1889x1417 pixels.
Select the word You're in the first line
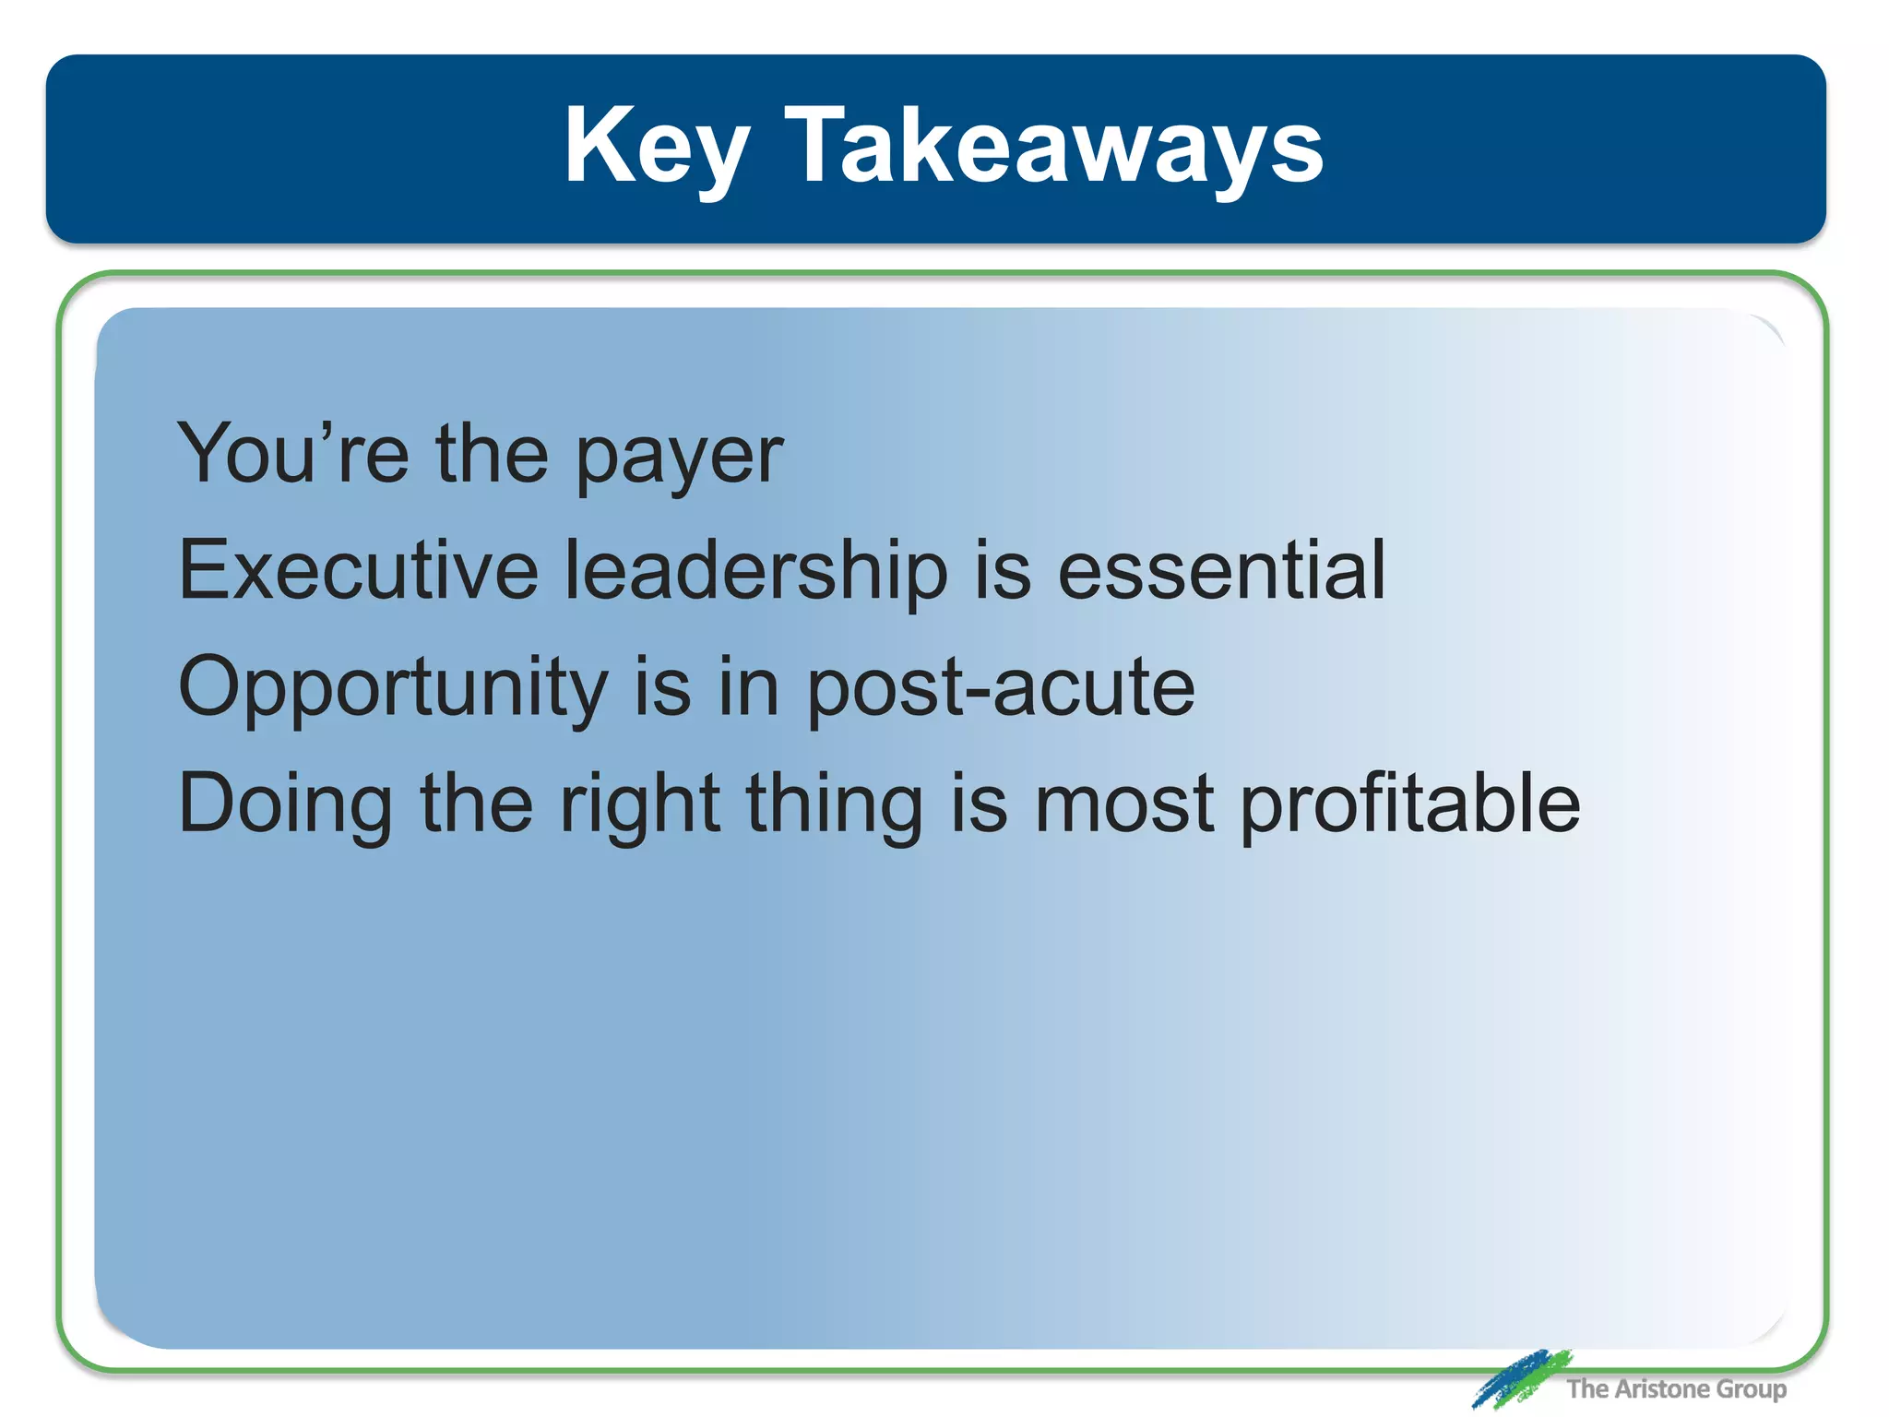click(292, 454)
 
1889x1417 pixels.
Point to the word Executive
click(358, 570)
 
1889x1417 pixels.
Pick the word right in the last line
click(639, 805)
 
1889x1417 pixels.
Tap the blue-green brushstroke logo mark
click(1521, 1378)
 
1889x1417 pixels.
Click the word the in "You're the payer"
click(492, 454)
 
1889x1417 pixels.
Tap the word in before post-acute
click(748, 687)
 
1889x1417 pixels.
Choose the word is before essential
click(1002, 570)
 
